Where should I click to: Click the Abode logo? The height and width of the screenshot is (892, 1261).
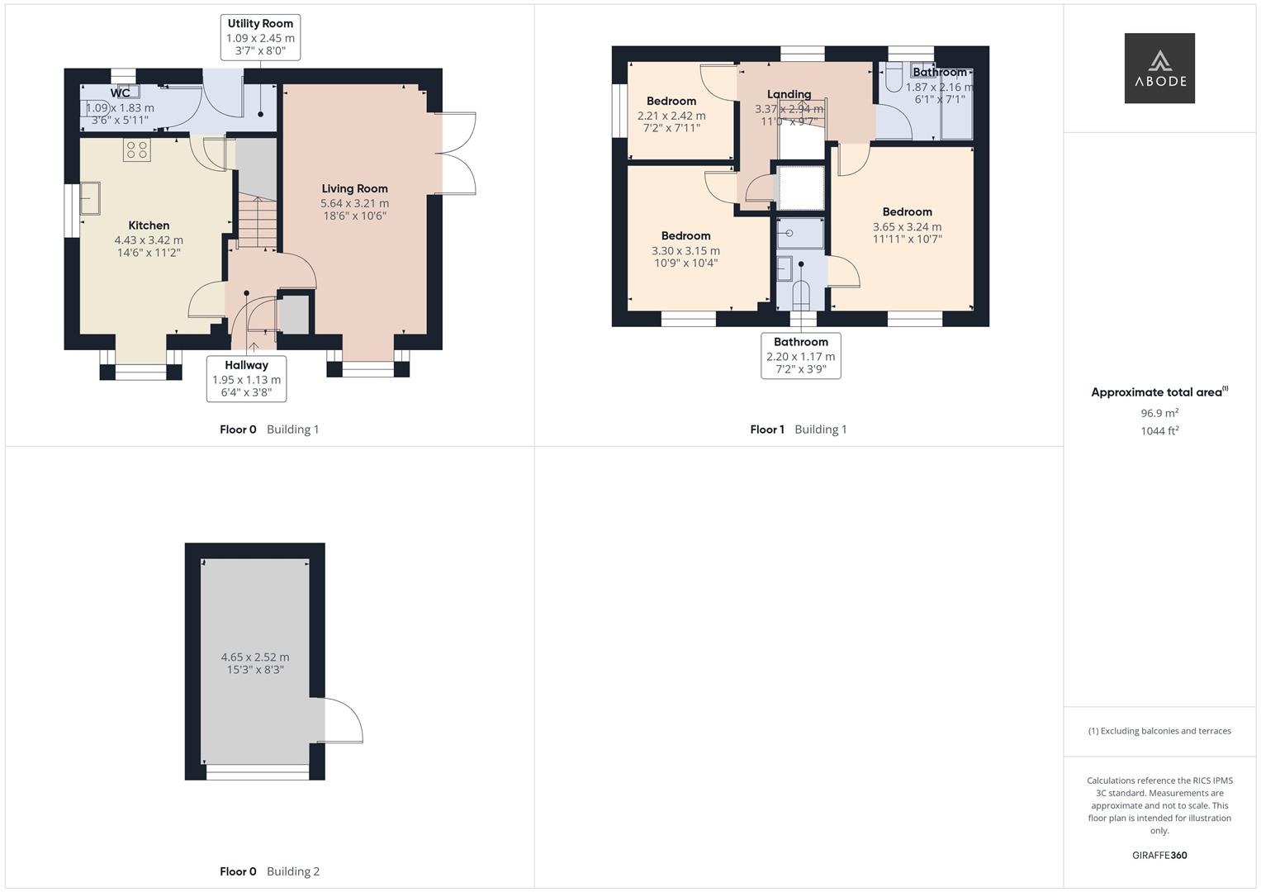pos(1159,68)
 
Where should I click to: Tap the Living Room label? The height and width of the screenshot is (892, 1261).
pos(354,188)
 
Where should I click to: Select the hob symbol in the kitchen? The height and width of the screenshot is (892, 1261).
pos(137,149)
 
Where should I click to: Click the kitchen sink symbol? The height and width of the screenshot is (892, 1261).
pos(89,198)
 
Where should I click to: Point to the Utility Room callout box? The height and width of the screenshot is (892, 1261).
pos(260,37)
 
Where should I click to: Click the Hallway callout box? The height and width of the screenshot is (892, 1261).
pos(246,378)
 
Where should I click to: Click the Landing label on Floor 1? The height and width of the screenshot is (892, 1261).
pos(789,94)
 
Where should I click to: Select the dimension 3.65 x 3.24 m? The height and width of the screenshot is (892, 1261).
pos(907,226)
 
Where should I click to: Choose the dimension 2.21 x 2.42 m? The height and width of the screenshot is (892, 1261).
pos(671,116)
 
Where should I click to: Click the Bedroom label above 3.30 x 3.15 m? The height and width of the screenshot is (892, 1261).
pos(685,235)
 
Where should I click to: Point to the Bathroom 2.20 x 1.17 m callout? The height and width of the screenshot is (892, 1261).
pos(800,356)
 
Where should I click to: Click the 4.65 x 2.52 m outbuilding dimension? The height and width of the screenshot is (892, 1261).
pos(255,657)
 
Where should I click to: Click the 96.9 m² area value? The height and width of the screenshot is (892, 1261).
pos(1159,413)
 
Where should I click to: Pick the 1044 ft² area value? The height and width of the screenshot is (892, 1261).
pos(1159,430)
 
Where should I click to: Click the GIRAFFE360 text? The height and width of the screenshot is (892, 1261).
pos(1159,855)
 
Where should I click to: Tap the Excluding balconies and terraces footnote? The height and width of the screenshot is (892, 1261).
pos(1159,731)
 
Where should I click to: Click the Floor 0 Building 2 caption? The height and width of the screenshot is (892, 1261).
pos(269,871)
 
